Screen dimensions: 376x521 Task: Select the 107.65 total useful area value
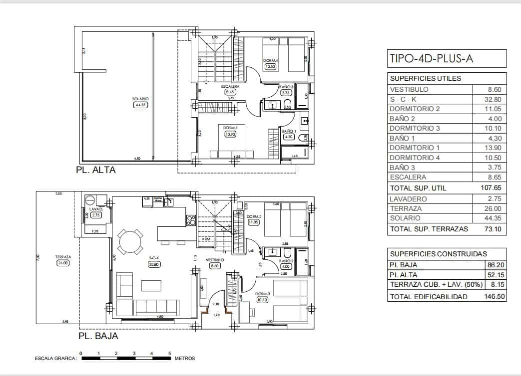coord(490,188)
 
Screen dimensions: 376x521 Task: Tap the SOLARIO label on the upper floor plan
coord(140,99)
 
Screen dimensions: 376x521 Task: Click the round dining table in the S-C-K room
coord(130,241)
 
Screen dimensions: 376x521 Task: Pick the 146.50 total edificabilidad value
coord(490,296)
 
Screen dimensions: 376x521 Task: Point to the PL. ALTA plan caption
coord(95,170)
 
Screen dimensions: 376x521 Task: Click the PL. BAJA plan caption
coord(98,336)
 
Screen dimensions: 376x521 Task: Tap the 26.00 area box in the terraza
coord(63,263)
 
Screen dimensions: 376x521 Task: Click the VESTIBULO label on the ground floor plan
coord(215,260)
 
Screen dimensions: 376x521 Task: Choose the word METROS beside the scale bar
coord(185,359)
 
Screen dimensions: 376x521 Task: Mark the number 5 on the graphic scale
coord(169,353)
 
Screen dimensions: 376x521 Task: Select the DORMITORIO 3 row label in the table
coord(415,128)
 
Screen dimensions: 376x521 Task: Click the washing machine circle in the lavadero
coord(90,200)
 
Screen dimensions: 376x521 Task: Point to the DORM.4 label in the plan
coord(270,60)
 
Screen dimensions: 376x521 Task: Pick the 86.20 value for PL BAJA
coord(494,265)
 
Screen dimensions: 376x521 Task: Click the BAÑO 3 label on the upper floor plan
coord(286,87)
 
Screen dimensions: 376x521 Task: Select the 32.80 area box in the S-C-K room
coord(154,264)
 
